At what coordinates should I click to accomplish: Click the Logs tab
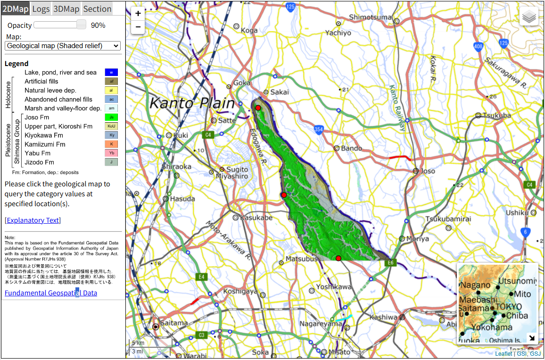tap(41, 8)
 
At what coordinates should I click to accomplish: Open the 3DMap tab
tap(66, 8)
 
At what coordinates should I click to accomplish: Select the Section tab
tap(97, 8)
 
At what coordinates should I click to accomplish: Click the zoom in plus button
tap(138, 14)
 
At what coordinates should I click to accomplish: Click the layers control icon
tap(529, 17)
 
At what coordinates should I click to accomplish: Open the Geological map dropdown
tap(63, 46)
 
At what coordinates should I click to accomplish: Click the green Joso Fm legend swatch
tap(111, 117)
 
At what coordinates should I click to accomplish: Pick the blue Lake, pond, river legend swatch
tap(111, 73)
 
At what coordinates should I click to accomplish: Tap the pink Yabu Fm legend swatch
tap(111, 153)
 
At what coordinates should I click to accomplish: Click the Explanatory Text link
tap(33, 220)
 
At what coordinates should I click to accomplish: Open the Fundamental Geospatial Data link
tap(51, 293)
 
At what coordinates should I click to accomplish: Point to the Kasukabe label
tap(256, 218)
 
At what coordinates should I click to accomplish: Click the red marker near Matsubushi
tap(338, 258)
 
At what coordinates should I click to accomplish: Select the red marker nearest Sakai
tap(258, 109)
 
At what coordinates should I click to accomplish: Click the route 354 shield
tap(319, 130)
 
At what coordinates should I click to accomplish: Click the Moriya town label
tap(417, 239)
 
